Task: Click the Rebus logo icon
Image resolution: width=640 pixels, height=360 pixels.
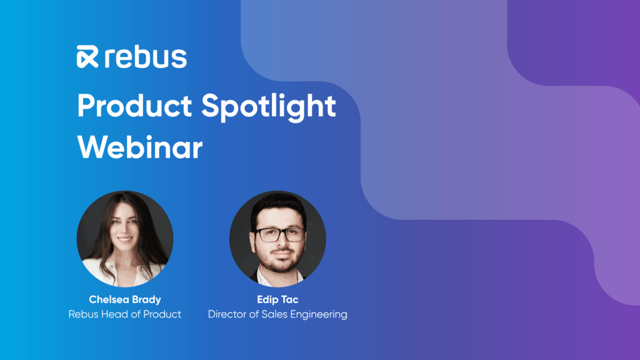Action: tap(87, 57)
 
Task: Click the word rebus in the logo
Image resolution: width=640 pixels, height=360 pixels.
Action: tap(146, 57)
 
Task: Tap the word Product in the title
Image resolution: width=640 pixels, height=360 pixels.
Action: tap(134, 106)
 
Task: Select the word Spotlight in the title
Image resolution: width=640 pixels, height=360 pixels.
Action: tap(269, 107)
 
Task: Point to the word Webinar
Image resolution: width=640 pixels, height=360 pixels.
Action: tap(139, 147)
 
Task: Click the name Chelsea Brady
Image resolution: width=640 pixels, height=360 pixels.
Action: tap(125, 299)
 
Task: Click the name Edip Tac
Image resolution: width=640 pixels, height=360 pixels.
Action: tap(277, 299)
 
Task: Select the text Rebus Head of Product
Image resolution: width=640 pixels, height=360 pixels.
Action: tap(125, 314)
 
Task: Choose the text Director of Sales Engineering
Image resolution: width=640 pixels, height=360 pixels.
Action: tap(277, 314)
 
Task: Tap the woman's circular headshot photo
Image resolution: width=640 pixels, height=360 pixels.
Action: tap(125, 239)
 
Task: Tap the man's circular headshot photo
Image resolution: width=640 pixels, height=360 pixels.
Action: tap(277, 239)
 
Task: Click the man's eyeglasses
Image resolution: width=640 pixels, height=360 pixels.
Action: tap(280, 235)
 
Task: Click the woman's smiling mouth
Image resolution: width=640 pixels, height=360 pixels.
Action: tap(125, 239)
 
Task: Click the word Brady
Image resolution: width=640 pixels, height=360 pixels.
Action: tap(146, 299)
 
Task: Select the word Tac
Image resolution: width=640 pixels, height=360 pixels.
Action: tap(289, 299)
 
